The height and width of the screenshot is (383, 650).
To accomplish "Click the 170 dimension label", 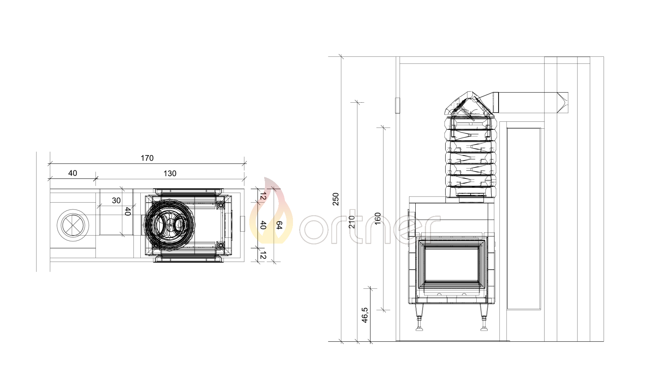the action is click(147, 158).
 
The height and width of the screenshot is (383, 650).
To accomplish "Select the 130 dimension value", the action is click(170, 173).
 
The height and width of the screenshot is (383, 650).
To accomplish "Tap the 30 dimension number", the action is click(116, 200).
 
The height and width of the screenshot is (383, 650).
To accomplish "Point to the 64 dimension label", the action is click(279, 225).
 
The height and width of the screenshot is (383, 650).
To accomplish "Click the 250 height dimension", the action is click(336, 199).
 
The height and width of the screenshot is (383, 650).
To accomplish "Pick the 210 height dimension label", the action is click(352, 222).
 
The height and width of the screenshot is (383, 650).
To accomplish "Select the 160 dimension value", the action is click(377, 219).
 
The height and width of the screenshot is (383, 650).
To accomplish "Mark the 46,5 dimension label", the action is click(365, 315).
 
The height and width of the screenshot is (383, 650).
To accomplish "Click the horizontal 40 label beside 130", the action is click(72, 173).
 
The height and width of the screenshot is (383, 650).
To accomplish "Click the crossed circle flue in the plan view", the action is click(73, 225).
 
